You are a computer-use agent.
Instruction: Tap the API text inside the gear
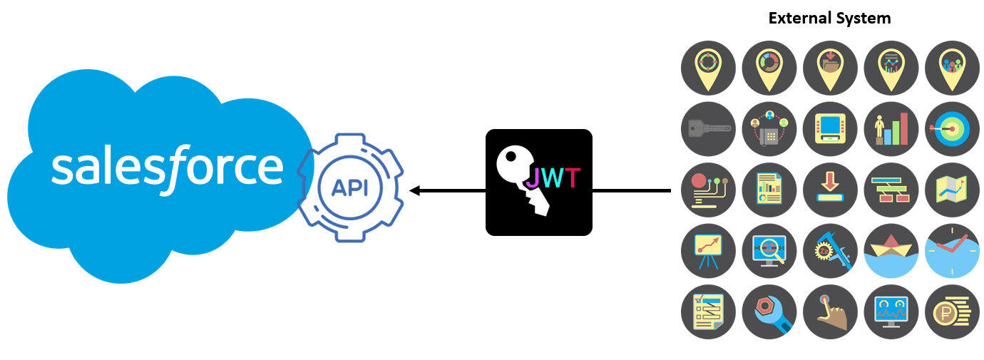click(x=349, y=187)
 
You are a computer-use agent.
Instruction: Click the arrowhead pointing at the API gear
click(x=414, y=191)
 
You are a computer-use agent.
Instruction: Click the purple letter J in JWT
click(x=533, y=178)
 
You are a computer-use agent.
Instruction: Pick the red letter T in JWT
click(x=571, y=178)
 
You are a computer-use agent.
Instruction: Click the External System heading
click(x=829, y=19)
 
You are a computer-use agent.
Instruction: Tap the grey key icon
click(x=708, y=129)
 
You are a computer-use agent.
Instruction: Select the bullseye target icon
click(x=952, y=129)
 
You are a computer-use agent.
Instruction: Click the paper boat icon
click(x=891, y=250)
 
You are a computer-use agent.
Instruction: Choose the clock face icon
click(x=952, y=250)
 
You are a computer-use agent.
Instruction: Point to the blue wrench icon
click(x=769, y=312)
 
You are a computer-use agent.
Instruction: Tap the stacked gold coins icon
click(x=952, y=312)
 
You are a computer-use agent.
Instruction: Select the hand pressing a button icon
click(x=830, y=312)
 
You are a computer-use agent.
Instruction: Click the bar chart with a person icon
click(x=891, y=129)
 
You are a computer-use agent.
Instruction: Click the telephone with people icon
click(x=769, y=129)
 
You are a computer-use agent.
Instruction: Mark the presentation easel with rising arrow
click(x=708, y=250)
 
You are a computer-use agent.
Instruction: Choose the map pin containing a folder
click(x=830, y=67)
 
